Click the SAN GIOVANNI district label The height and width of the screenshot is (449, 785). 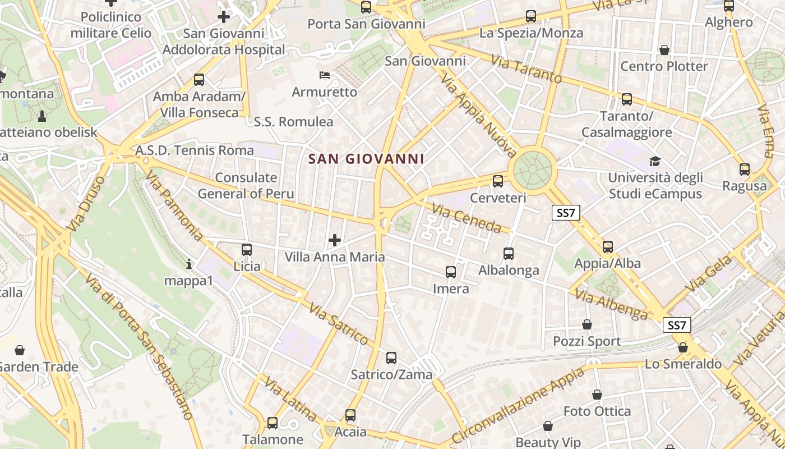(366, 159)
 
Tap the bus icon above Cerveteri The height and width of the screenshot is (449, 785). (497, 181)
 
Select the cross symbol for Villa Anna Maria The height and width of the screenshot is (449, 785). (335, 241)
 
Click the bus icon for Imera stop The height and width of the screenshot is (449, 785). (451, 272)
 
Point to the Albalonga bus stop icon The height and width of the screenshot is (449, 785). (509, 254)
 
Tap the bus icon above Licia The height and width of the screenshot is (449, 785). (247, 250)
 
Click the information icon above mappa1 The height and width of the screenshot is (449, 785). (189, 263)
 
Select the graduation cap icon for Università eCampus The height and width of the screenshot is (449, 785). (655, 162)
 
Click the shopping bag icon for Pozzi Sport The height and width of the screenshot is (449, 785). (587, 324)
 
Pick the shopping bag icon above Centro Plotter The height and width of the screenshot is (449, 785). (664, 50)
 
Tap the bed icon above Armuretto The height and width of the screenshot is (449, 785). (325, 75)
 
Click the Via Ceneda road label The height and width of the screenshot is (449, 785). (466, 218)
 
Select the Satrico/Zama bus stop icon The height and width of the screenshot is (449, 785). (391, 358)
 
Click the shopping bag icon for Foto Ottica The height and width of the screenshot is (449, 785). (597, 395)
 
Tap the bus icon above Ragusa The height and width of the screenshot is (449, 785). (745, 169)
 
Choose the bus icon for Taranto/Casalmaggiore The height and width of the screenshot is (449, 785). (627, 99)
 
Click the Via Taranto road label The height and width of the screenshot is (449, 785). (526, 68)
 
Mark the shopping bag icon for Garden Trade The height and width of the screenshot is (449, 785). (20, 350)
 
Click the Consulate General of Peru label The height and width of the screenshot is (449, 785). (246, 186)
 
